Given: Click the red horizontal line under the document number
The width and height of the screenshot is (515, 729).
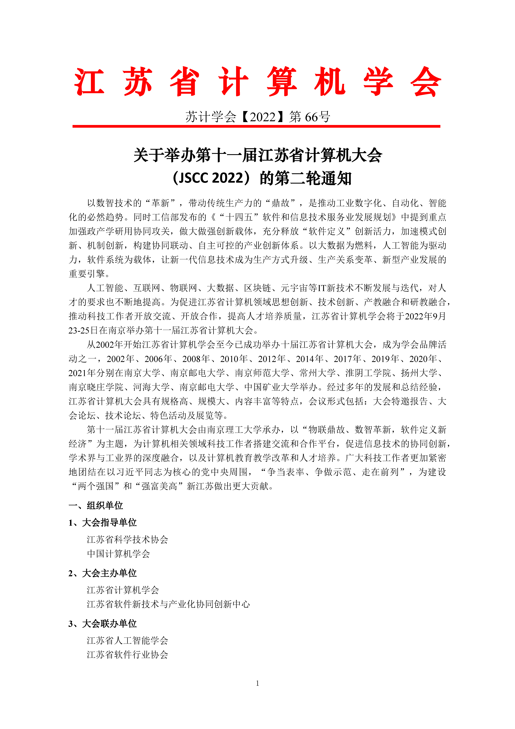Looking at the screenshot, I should [x=256, y=126].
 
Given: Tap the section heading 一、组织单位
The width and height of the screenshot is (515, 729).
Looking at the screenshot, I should [x=96, y=505].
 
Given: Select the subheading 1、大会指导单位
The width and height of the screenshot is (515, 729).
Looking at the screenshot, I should [x=102, y=523].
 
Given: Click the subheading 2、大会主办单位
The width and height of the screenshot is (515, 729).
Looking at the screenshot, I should [x=102, y=573].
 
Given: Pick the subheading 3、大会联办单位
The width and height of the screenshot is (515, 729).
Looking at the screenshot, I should [x=102, y=624].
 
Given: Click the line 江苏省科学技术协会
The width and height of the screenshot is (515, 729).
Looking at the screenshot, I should [x=128, y=539].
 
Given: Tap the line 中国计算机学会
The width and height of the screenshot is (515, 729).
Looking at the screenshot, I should [x=118, y=554].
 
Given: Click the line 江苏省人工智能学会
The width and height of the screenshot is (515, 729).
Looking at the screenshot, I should [x=128, y=640].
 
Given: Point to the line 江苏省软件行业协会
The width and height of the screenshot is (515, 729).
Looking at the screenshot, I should [x=128, y=655].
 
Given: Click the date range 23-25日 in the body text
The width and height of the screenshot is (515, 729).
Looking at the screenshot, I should [x=83, y=330].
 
